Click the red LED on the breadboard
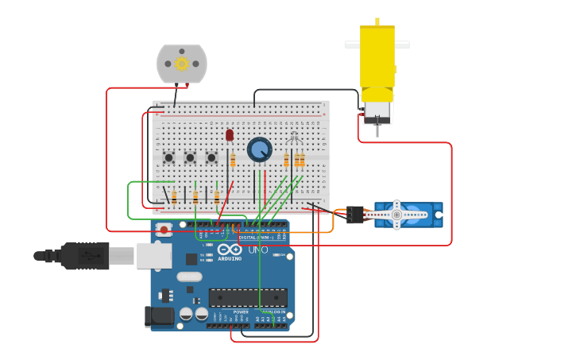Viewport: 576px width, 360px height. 230,135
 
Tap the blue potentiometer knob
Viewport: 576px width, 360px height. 259,149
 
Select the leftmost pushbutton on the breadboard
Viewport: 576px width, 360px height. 169,157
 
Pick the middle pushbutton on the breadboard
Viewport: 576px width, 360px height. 191,157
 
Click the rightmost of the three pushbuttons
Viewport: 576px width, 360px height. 211,157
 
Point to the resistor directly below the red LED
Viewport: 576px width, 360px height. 233,161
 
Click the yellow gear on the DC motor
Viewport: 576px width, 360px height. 182,64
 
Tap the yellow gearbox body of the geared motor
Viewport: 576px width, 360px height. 377,56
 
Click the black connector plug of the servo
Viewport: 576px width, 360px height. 354,215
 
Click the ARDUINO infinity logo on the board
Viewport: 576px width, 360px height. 230,250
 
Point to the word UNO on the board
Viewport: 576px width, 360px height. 258,250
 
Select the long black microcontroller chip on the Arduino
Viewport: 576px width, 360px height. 248,297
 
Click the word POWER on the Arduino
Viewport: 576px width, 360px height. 241,312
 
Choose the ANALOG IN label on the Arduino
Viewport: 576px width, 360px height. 274,312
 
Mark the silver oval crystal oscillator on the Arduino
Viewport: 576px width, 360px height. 189,277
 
